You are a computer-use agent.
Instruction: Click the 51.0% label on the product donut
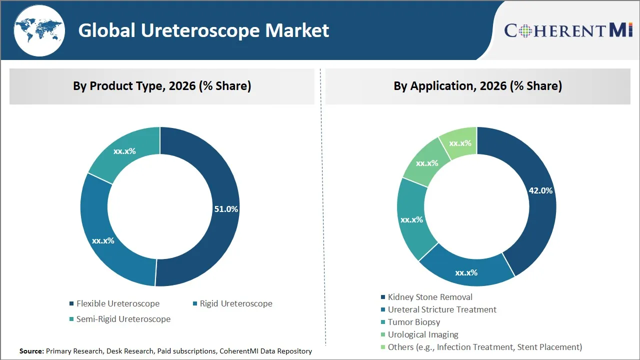(226, 209)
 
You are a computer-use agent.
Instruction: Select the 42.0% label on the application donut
(540, 190)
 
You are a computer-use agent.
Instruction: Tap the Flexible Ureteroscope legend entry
(118, 303)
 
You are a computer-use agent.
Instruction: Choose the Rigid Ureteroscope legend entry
(236, 303)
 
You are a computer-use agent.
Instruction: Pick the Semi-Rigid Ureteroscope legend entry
(123, 319)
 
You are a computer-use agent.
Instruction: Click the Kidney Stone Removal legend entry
(430, 297)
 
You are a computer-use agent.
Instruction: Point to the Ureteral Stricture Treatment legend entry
(442, 309)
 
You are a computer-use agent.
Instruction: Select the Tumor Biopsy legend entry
(414, 322)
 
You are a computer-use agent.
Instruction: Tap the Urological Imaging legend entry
(423, 334)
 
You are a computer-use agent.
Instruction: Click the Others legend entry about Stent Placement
(485, 347)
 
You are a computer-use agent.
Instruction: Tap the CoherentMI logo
(568, 30)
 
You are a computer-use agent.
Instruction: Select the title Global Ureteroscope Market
(203, 30)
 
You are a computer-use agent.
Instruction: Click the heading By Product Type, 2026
(162, 86)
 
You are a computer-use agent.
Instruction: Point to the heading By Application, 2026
(477, 86)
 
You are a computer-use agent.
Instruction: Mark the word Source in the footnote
(31, 351)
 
